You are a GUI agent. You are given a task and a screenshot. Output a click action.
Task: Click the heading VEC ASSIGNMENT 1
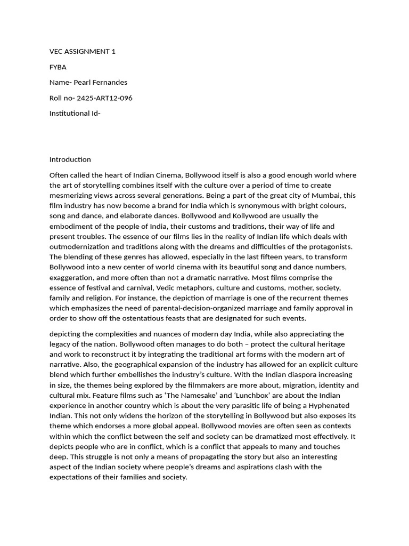(82, 52)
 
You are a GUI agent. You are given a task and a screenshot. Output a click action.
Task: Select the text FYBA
(58, 67)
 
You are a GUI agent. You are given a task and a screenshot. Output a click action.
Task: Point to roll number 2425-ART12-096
(104, 98)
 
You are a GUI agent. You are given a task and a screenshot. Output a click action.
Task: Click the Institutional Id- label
(75, 114)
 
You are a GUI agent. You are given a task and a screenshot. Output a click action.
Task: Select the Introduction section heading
(70, 159)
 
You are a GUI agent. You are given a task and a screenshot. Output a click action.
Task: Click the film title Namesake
(203, 395)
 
